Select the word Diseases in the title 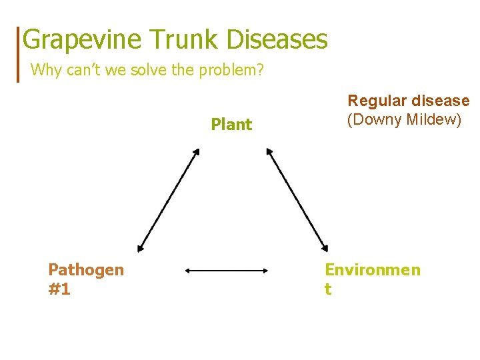click(x=277, y=40)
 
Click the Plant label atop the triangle click(x=231, y=125)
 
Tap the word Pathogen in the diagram click(x=86, y=270)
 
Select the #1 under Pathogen click(x=59, y=289)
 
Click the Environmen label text click(x=373, y=270)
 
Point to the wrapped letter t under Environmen click(x=328, y=289)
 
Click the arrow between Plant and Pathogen click(x=169, y=200)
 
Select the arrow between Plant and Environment click(x=297, y=200)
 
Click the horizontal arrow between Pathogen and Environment click(x=226, y=271)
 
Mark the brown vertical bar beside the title click(x=18, y=53)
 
